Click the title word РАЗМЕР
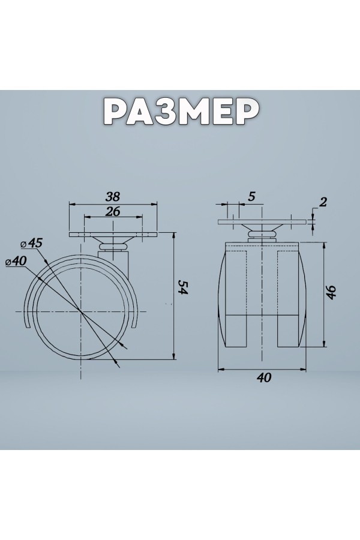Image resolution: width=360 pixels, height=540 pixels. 181,111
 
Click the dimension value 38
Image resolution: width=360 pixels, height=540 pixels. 113,197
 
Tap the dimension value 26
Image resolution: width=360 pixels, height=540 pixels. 113,211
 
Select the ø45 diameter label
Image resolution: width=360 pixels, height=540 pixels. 31,243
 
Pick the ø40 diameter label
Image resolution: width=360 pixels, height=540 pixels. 16,262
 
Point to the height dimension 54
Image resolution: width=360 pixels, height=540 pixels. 183,287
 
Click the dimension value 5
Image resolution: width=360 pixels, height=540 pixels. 251,197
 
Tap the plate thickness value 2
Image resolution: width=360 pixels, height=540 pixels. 322,202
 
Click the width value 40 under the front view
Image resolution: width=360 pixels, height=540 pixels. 264,378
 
